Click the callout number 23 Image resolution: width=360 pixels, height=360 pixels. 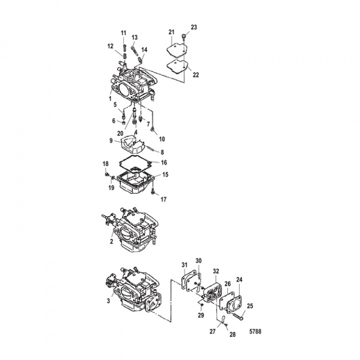point(194,27)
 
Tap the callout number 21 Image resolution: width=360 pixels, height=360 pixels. point(171,32)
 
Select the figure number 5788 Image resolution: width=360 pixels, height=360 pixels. point(255,331)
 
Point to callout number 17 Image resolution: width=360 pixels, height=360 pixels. point(163,199)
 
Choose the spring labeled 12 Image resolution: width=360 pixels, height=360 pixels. point(124,56)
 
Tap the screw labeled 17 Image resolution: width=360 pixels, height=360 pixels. point(152,191)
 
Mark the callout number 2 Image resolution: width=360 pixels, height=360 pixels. point(111,242)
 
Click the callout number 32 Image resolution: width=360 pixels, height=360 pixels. point(216,271)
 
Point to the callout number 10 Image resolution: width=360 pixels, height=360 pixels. point(162,139)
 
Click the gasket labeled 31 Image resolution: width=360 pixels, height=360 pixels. point(185,278)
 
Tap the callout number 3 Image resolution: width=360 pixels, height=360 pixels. point(108,300)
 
